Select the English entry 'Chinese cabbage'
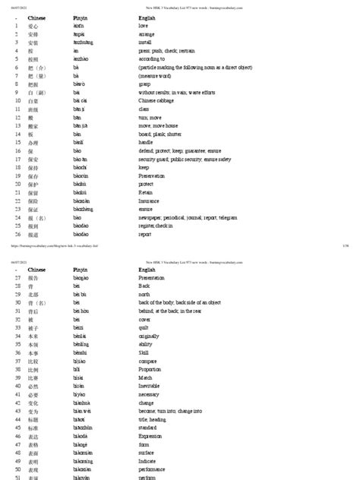[157, 99]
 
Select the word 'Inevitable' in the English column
[153, 386]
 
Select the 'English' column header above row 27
[147, 269]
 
